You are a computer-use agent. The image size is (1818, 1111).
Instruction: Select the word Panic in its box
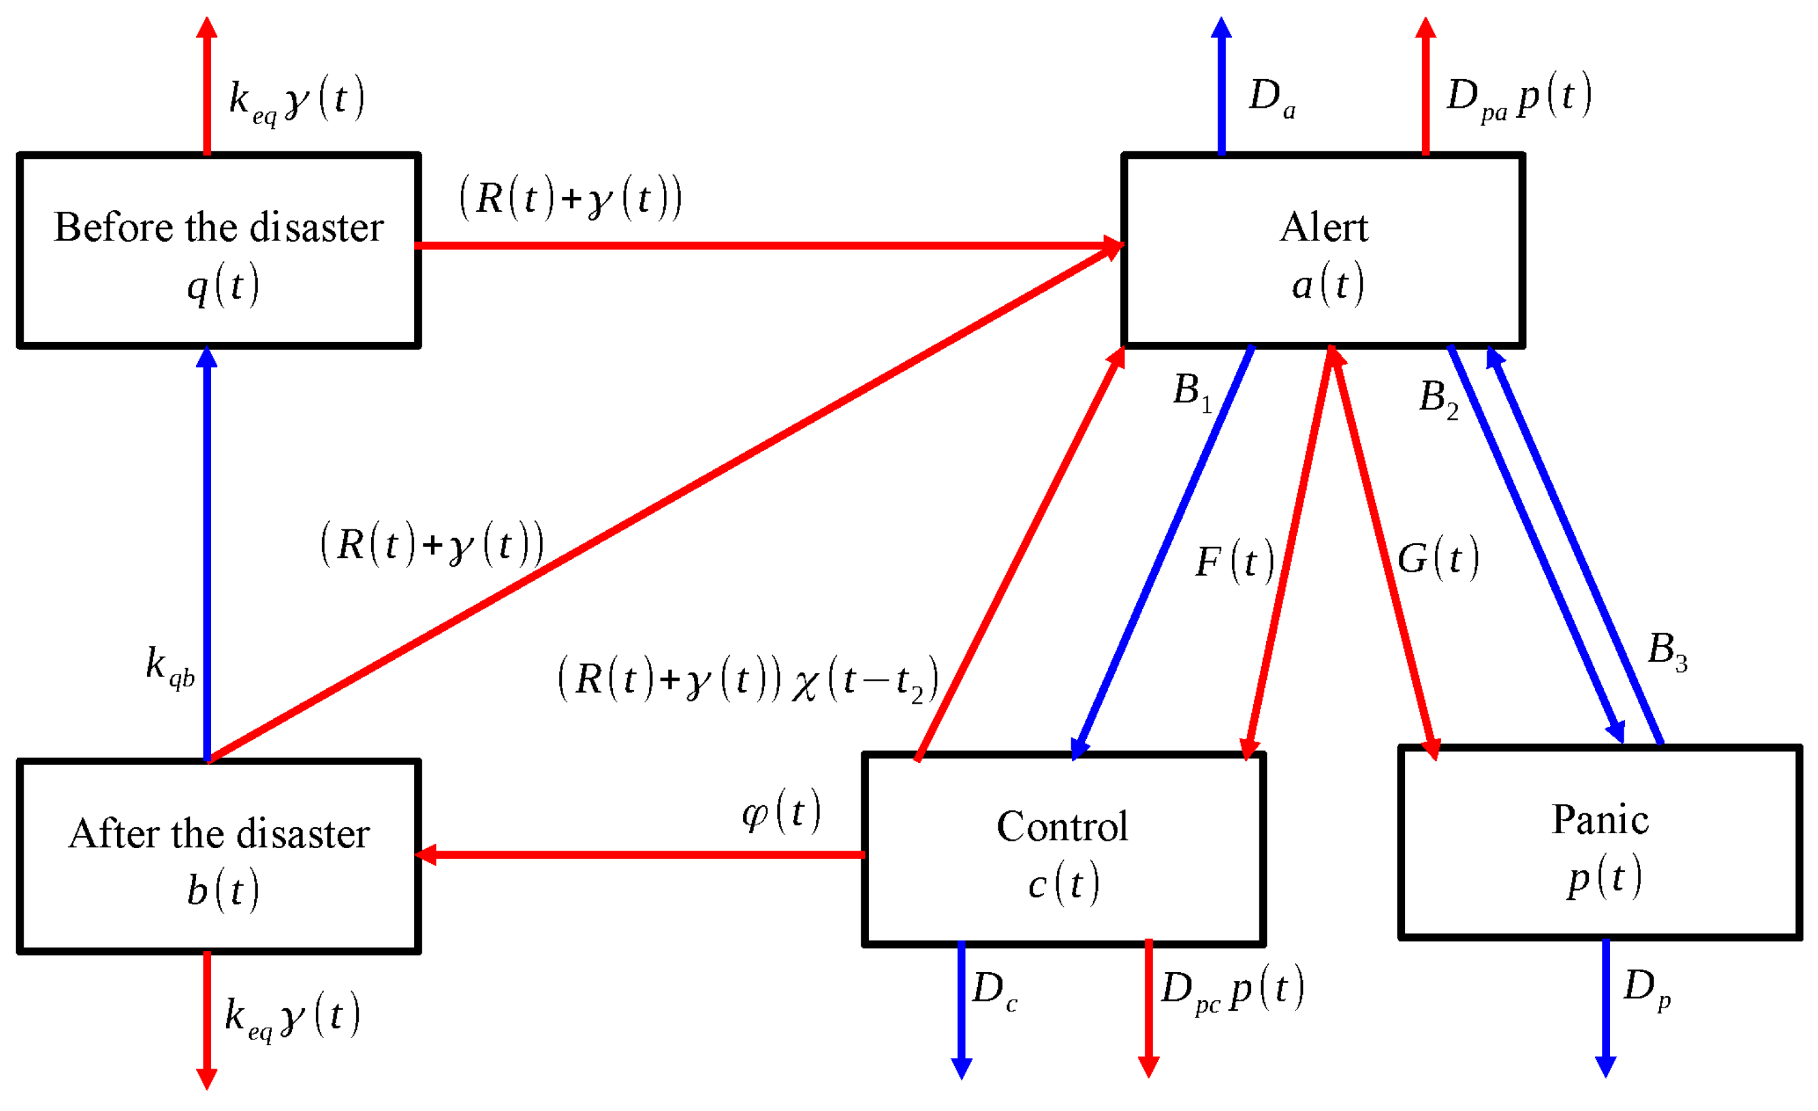tap(1599, 820)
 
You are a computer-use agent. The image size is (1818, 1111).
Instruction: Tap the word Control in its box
tap(1062, 827)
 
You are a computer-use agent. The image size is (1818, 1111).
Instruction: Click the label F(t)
tap(1234, 563)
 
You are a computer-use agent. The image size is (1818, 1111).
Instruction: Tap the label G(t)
tap(1437, 559)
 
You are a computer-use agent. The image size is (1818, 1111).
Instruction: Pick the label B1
tap(1191, 392)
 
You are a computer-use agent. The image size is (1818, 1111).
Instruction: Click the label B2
tap(1438, 399)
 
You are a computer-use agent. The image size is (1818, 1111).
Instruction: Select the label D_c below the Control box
tap(994, 991)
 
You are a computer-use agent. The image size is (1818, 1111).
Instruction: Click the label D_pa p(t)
tap(1518, 97)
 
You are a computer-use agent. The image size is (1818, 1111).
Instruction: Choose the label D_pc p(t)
tap(1231, 990)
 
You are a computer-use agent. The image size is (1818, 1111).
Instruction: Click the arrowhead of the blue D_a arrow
tap(1221, 28)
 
